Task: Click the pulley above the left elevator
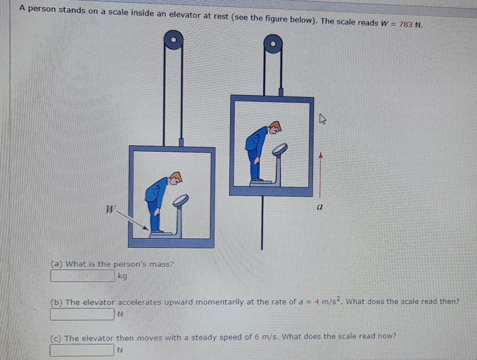(173, 40)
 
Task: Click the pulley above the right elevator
(273, 44)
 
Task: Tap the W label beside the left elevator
(111, 209)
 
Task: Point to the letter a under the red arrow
(320, 208)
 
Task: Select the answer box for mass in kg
(83, 276)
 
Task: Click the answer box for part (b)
(83, 314)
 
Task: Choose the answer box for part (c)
(83, 350)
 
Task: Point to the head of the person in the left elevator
(176, 178)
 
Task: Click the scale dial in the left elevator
(180, 200)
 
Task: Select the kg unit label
(123, 276)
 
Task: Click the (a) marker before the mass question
(57, 264)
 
